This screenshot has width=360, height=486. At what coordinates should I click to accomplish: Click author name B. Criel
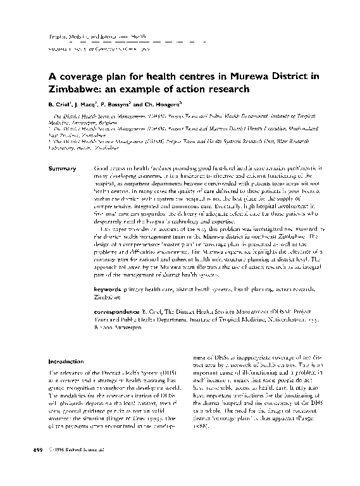tap(63, 103)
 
